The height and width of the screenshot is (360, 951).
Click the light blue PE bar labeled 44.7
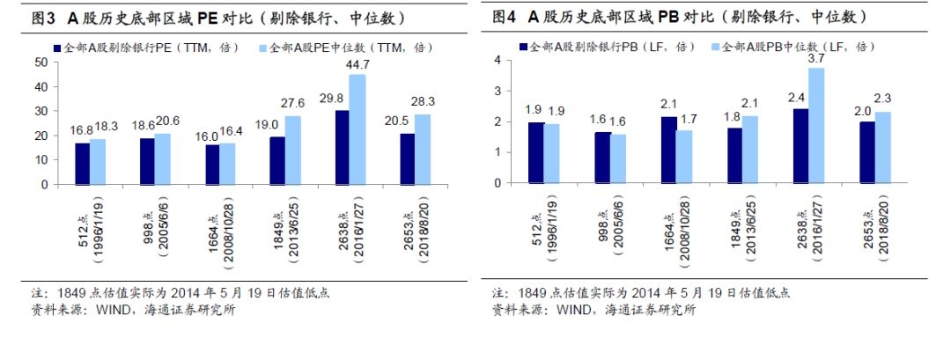tap(357, 129)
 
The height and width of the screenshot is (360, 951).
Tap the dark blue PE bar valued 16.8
tap(82, 164)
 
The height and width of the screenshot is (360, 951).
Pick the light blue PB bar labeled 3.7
tap(817, 125)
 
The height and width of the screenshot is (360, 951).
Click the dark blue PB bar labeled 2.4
tap(801, 145)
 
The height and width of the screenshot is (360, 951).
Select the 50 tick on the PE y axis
tap(40, 62)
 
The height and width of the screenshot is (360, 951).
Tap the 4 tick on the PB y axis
tap(498, 60)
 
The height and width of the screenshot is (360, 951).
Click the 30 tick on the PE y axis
tap(40, 111)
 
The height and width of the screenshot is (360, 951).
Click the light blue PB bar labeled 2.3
tap(881, 147)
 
